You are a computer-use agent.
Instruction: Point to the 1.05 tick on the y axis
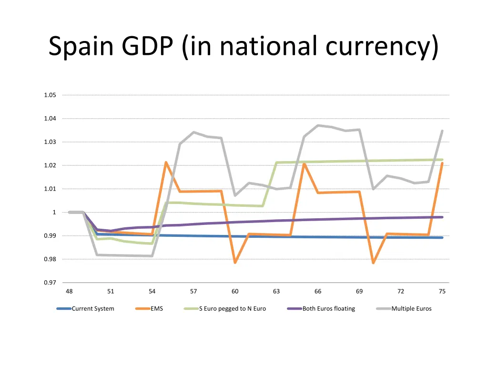click(x=50, y=95)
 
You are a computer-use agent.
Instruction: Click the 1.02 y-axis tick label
click(x=50, y=165)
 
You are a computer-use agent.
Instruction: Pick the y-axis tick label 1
click(x=54, y=212)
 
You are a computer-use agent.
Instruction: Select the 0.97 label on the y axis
click(x=50, y=283)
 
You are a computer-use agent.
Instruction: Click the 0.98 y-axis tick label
click(x=50, y=259)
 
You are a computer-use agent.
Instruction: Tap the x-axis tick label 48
click(x=69, y=292)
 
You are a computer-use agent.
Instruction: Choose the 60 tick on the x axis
click(x=235, y=292)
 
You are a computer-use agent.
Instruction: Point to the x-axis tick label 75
click(x=442, y=292)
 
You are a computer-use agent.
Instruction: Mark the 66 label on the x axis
click(x=318, y=292)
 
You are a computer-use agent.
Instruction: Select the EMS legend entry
click(x=156, y=309)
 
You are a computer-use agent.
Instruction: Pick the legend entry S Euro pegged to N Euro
click(x=232, y=309)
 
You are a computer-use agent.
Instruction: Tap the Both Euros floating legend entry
click(x=328, y=309)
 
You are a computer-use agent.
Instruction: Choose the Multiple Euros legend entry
click(x=411, y=309)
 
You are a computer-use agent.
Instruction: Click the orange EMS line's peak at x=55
click(x=166, y=163)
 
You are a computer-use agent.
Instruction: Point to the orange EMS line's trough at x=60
click(x=235, y=263)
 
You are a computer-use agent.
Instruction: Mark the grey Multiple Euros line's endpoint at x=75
click(x=442, y=131)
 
